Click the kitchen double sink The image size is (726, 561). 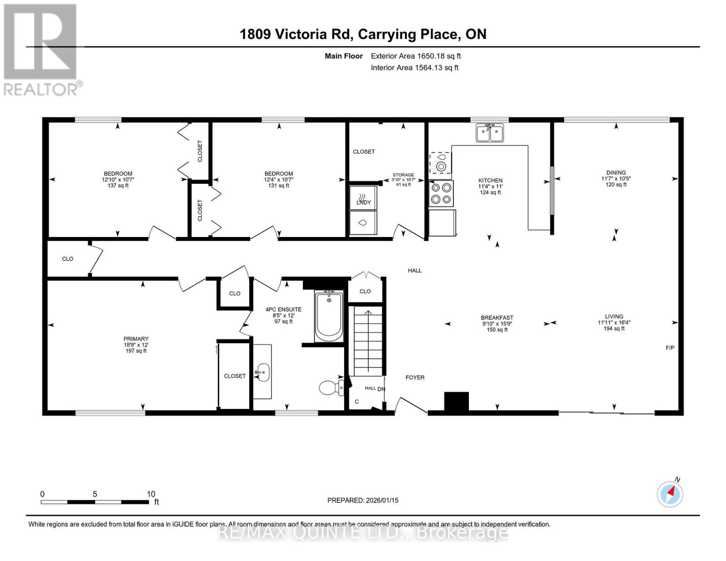[489, 133]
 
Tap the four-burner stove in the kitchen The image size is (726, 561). [441, 194]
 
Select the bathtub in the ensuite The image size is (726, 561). [329, 316]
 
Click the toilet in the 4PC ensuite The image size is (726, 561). [331, 387]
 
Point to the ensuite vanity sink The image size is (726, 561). [263, 373]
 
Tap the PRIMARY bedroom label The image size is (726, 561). [136, 339]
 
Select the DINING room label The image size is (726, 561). [616, 173]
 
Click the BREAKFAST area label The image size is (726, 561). [497, 317]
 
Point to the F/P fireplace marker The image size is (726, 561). [669, 348]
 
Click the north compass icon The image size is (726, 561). [670, 494]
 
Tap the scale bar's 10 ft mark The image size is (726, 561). [151, 494]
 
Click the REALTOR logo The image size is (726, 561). [41, 50]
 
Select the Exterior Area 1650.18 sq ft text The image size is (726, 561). [415, 56]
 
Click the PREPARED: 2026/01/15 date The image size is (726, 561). [362, 500]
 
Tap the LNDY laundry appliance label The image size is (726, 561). [363, 202]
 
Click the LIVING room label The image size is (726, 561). [614, 316]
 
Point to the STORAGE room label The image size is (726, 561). [403, 175]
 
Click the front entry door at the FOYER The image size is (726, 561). [411, 405]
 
